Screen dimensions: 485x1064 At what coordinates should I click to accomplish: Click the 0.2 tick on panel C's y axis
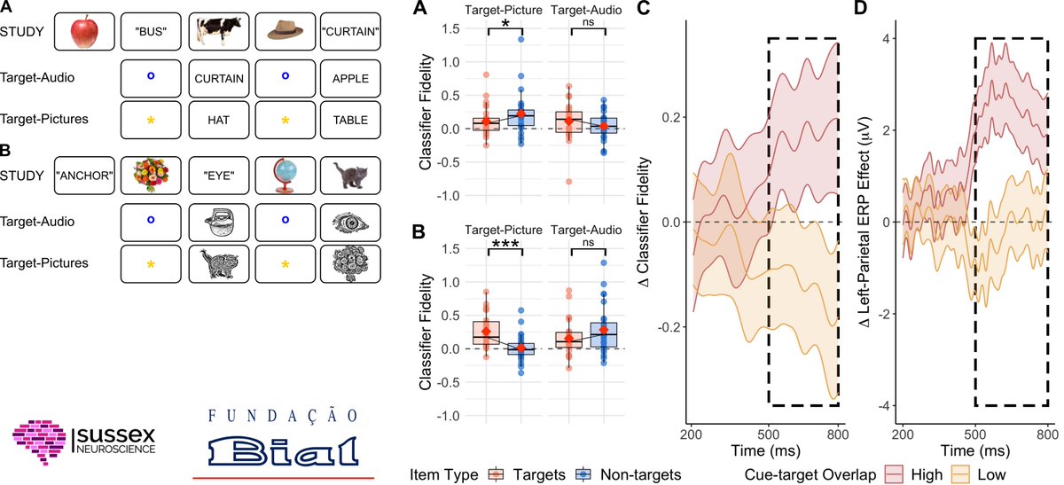tap(676, 117)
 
